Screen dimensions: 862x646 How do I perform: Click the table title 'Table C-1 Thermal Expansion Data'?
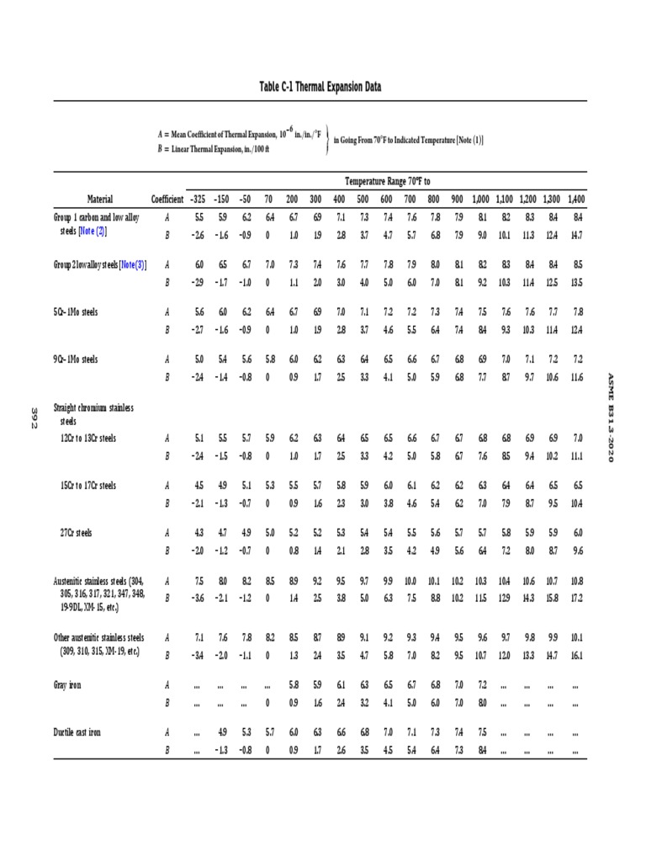[x=323, y=87]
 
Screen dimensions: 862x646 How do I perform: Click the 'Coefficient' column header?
[x=167, y=199]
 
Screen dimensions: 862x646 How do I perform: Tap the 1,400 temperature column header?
[x=576, y=199]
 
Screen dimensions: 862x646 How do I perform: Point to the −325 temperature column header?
[x=197, y=199]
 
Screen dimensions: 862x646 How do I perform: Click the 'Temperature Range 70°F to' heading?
[x=387, y=181]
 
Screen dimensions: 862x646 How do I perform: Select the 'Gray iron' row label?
[x=67, y=685]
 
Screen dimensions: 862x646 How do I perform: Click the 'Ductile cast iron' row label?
[x=77, y=732]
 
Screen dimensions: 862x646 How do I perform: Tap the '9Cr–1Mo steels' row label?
[x=76, y=359]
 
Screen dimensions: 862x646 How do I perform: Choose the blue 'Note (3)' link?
[x=133, y=264]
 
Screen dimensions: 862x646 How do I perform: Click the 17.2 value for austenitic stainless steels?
[x=576, y=597]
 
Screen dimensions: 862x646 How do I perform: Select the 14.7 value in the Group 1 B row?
[x=576, y=235]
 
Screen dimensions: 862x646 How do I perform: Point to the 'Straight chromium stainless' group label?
[x=94, y=407]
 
